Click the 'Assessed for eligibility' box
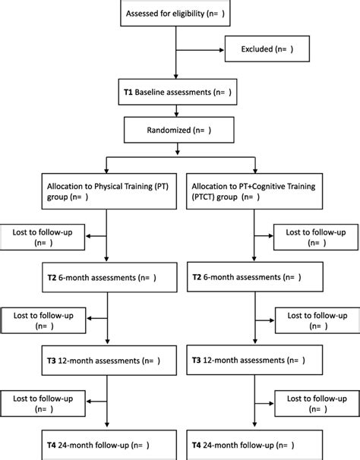[x=179, y=14]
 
